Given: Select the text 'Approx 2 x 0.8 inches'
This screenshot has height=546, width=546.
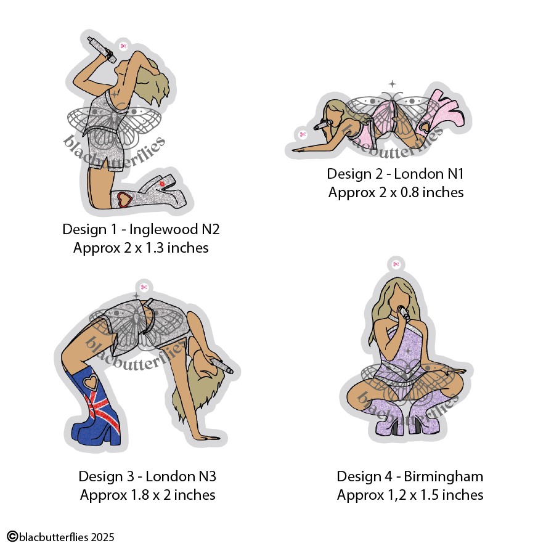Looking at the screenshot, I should point(396,192).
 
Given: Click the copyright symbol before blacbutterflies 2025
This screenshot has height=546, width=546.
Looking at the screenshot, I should point(11,537).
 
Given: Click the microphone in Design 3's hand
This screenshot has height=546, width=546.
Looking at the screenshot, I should point(219,367).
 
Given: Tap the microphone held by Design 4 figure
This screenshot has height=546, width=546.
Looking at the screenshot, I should point(404,314).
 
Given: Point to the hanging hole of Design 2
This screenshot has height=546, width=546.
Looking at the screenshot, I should point(302,134).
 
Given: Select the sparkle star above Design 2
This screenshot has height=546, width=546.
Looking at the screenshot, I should point(392,84).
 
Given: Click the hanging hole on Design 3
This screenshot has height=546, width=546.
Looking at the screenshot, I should point(144,287).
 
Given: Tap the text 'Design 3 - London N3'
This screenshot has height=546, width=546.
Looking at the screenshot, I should point(147,476).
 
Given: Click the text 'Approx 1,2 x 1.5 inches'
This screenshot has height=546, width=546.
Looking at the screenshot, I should point(410,495).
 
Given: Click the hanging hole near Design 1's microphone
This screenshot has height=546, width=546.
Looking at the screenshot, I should point(123,46).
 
